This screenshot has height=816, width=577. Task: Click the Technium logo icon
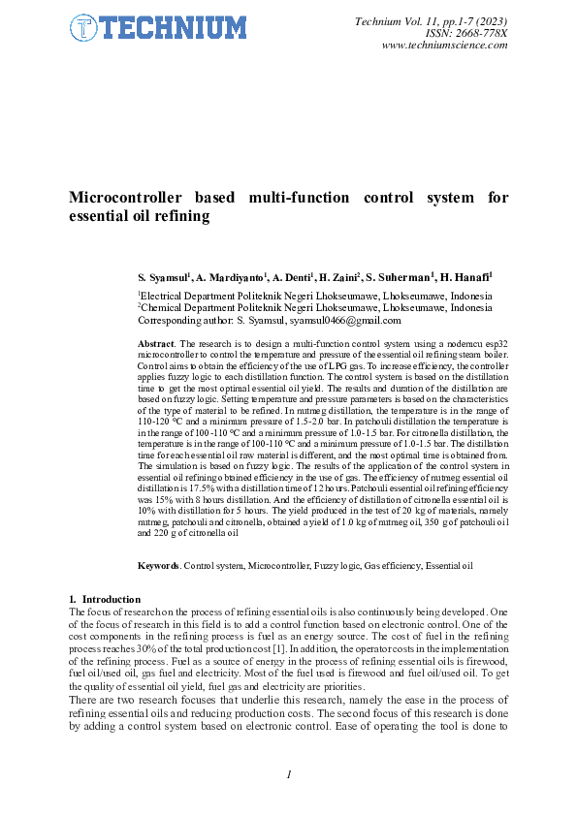click(x=82, y=29)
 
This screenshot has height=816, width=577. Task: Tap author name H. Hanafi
click(x=466, y=277)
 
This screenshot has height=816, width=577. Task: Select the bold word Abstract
click(x=156, y=344)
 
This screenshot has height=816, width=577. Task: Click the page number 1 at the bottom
click(x=289, y=773)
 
